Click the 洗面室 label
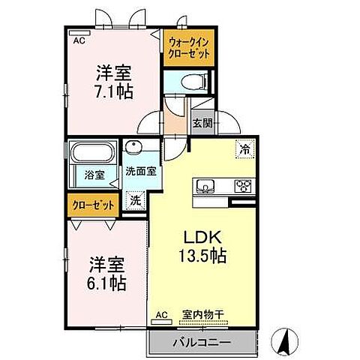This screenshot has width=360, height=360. (x=141, y=171)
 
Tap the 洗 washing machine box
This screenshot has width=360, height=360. (x=136, y=200)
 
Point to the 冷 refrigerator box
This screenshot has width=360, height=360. (x=244, y=149)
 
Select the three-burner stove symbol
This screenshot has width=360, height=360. (x=244, y=186)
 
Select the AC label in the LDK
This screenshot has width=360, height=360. (x=162, y=316)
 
